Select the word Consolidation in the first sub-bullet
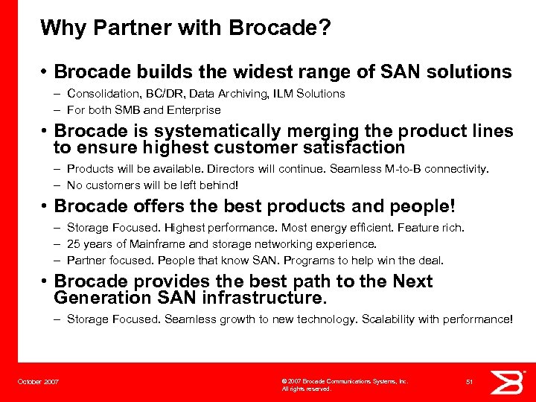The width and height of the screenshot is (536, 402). [99, 94]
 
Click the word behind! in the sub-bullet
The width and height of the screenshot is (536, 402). [223, 185]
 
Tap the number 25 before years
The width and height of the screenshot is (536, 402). [73, 244]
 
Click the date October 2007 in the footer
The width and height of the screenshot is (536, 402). [38, 382]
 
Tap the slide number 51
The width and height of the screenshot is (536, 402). [469, 382]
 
